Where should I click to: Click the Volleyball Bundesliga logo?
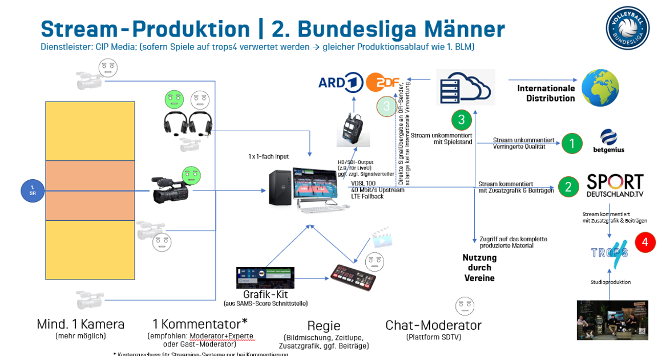(x=628, y=28)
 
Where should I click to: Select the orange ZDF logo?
(x=382, y=83)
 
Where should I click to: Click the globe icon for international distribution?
(x=600, y=88)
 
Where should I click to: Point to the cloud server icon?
(x=465, y=87)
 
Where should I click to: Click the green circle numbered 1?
(x=571, y=144)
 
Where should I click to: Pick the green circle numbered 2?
(x=568, y=187)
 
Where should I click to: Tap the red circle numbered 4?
(x=645, y=242)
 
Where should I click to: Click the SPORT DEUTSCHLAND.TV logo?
(x=615, y=186)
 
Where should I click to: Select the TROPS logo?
(x=609, y=250)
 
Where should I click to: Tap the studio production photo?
(x=612, y=320)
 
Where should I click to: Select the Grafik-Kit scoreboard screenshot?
(x=265, y=277)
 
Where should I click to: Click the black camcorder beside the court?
(x=170, y=190)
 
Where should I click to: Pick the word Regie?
(x=324, y=326)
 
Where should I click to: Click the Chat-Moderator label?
(x=433, y=326)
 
